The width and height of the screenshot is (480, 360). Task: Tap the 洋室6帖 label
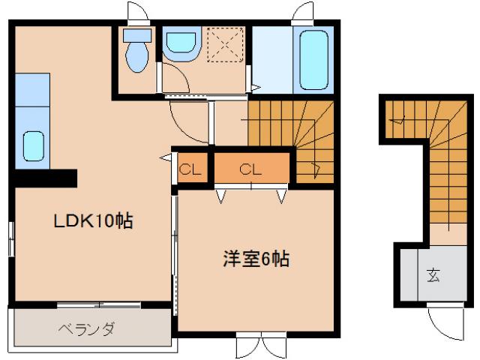click(x=255, y=259)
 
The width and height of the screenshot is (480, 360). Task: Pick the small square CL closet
click(x=190, y=169)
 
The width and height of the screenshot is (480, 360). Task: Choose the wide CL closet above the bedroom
click(x=250, y=169)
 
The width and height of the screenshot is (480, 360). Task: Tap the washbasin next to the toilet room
click(x=179, y=46)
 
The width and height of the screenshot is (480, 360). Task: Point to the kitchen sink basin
click(x=33, y=145)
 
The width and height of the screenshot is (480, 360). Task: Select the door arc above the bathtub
click(x=303, y=13)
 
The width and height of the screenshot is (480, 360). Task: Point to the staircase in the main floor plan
click(x=292, y=139)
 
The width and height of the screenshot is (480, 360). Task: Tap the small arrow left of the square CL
click(x=164, y=157)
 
